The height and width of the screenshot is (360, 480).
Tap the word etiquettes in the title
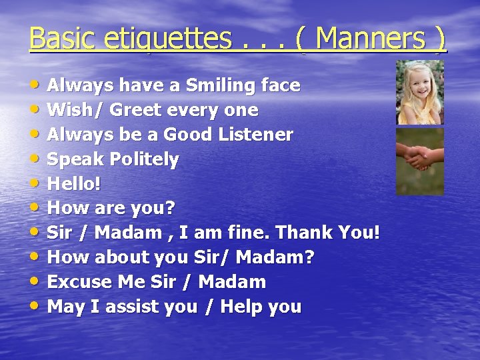(x=163, y=39)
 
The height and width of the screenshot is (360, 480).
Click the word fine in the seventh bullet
(x=247, y=233)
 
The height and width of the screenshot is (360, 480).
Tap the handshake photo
(x=420, y=161)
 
